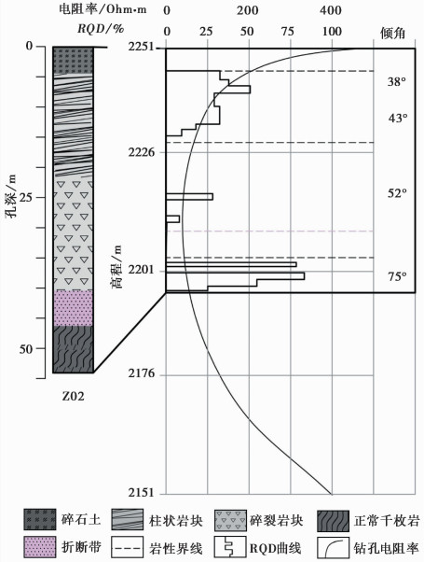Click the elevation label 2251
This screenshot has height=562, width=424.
click(x=142, y=48)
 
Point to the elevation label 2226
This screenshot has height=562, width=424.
click(x=142, y=152)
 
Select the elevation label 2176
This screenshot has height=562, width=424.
click(x=142, y=373)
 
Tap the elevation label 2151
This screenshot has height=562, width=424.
click(x=142, y=493)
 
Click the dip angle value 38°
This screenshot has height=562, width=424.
click(x=397, y=82)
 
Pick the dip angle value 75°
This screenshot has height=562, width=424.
click(x=397, y=276)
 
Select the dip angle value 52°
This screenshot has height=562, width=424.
click(x=397, y=193)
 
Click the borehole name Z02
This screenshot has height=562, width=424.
click(x=74, y=396)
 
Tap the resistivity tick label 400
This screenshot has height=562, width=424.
click(x=331, y=10)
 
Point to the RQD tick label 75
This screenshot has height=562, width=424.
click(x=288, y=32)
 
